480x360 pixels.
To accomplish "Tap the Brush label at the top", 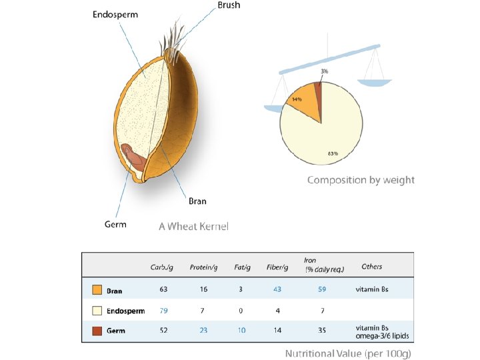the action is coord(229,5).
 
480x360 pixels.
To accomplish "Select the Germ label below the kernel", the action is coord(115,224).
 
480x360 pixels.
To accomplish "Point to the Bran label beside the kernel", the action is coord(197,201).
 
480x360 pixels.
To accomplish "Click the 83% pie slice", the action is coord(327,143).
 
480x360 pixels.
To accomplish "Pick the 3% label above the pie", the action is coord(323,71).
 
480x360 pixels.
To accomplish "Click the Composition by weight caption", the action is coord(361,180).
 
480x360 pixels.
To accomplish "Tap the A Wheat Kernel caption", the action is coord(193,227).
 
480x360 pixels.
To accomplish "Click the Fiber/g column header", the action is coord(277,267).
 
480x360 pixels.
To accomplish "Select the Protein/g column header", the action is coord(204,267).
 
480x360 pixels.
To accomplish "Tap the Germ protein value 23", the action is coord(203,330).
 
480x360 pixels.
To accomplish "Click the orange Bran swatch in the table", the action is coord(97,290).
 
